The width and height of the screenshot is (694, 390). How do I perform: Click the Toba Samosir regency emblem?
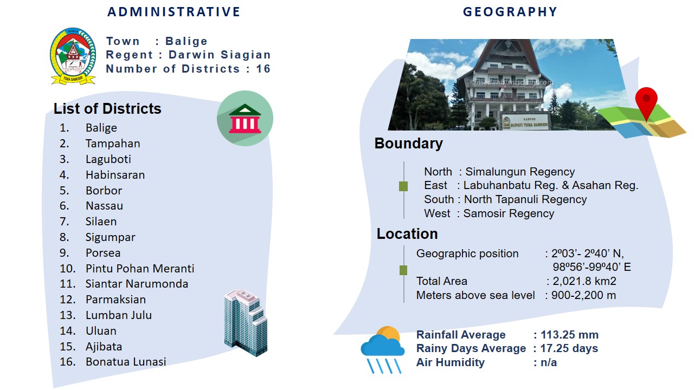(x=73, y=56)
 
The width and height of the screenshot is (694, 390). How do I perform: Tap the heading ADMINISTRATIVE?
(x=174, y=12)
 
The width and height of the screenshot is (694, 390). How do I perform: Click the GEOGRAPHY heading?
(x=510, y=12)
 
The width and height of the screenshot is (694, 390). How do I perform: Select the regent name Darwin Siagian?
(x=220, y=55)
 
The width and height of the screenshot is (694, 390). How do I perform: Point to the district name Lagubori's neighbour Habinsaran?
(x=115, y=175)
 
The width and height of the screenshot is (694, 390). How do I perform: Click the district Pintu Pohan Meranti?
(x=140, y=268)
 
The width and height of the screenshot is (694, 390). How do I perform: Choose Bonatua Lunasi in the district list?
(x=126, y=361)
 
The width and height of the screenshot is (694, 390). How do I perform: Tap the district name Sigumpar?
(x=110, y=237)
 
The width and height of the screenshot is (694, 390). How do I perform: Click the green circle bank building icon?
(x=245, y=118)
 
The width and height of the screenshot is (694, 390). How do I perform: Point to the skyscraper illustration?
(x=246, y=323)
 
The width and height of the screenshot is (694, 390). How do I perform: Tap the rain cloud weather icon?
(x=383, y=350)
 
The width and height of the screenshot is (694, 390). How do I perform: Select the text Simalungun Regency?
(x=520, y=172)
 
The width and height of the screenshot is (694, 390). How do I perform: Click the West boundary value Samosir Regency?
(x=509, y=213)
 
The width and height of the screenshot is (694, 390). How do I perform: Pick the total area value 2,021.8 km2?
(x=584, y=281)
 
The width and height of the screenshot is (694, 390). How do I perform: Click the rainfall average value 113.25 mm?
(x=569, y=335)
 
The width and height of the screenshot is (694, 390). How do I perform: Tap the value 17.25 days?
(x=569, y=348)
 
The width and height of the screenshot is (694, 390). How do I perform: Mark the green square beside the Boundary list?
(x=403, y=186)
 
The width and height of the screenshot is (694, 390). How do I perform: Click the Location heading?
(x=407, y=233)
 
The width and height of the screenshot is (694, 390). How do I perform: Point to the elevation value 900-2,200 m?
(x=584, y=295)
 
